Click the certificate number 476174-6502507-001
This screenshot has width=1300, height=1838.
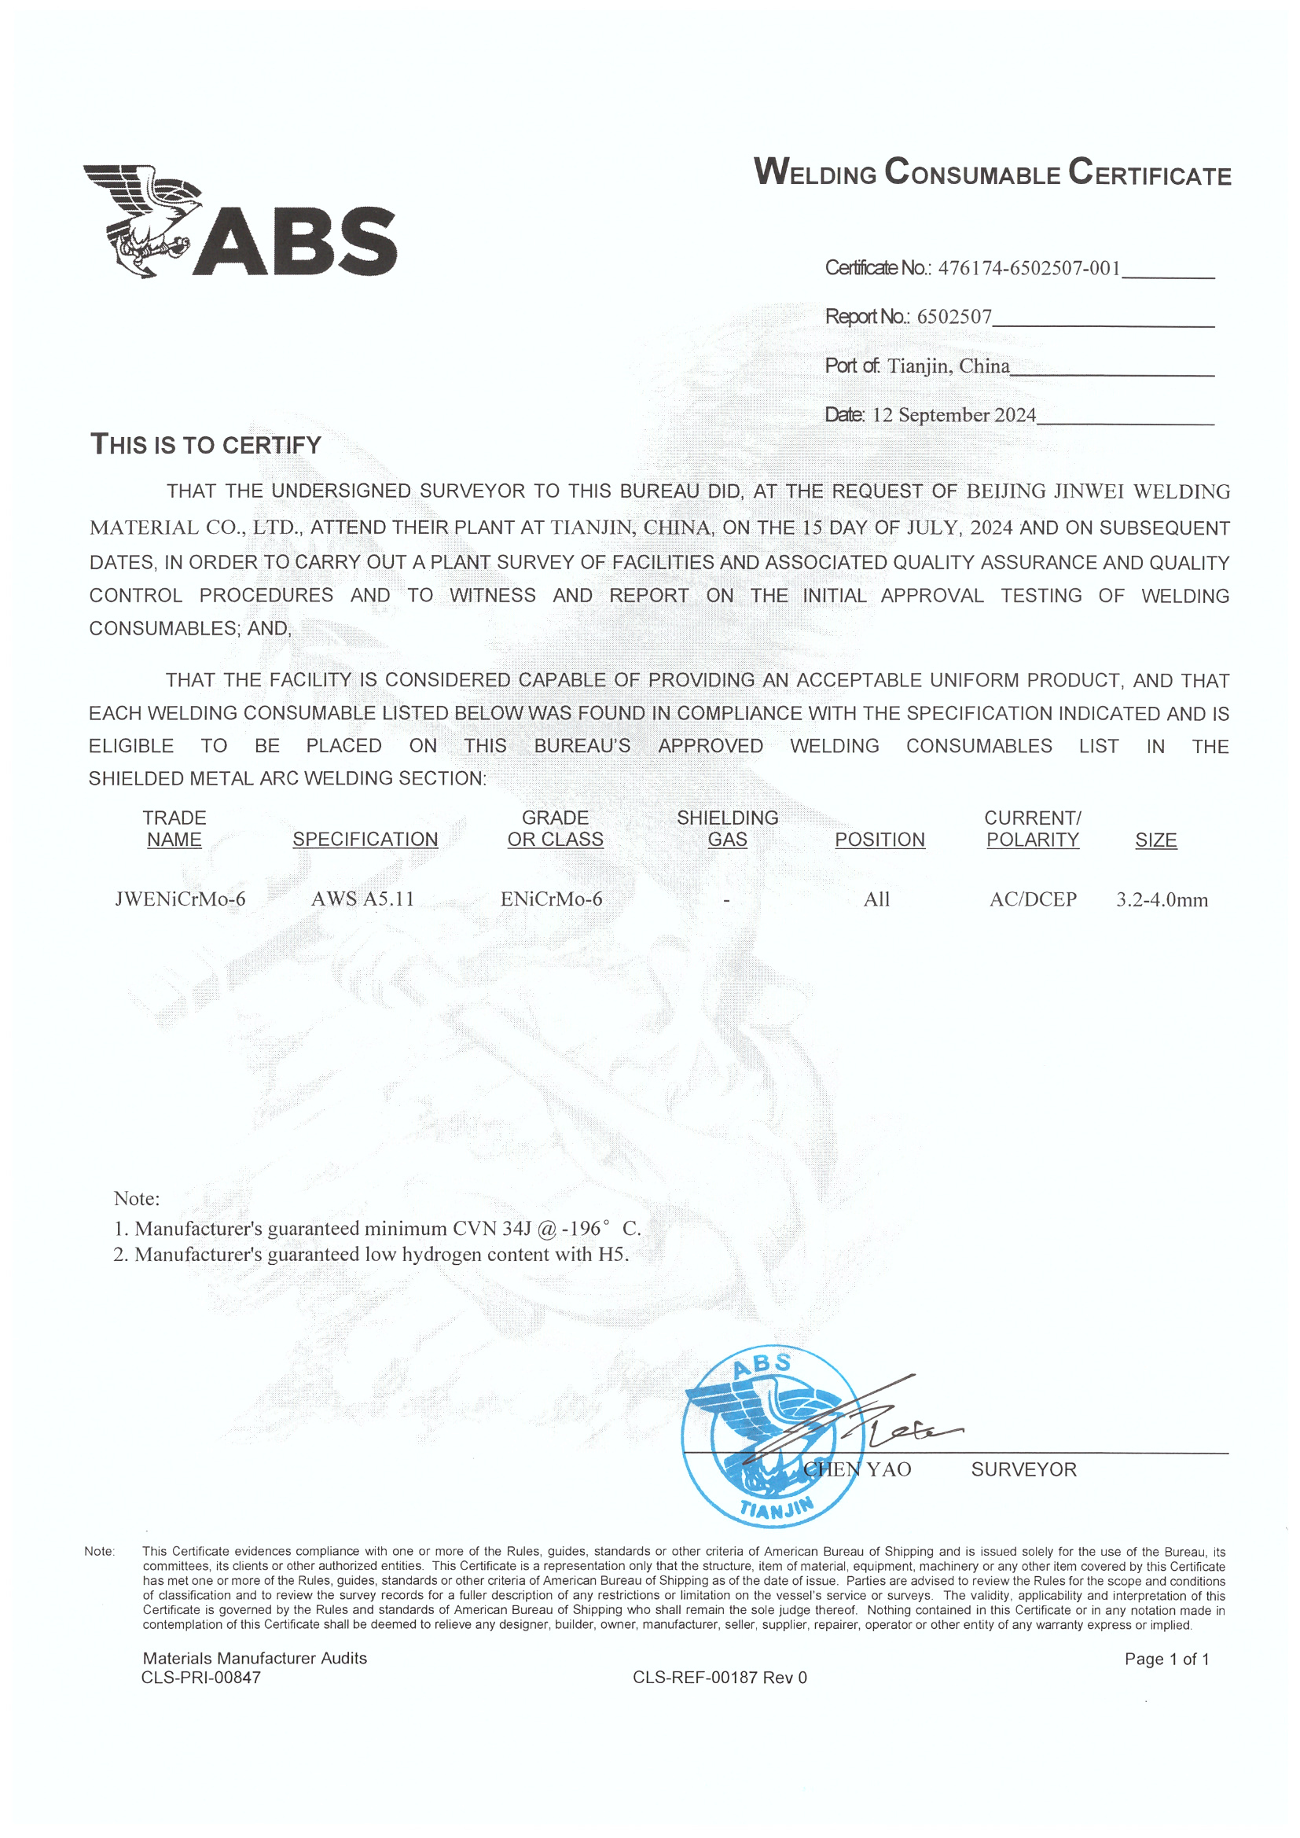[x=1029, y=268]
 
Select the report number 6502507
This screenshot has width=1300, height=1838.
[x=953, y=317]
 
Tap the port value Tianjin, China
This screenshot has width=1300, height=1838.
[x=949, y=366]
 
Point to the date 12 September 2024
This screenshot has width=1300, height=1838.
[x=953, y=414]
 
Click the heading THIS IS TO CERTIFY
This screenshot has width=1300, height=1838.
[x=206, y=444]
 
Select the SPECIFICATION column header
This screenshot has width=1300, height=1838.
[x=365, y=839]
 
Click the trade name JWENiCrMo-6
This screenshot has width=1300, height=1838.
[x=180, y=899]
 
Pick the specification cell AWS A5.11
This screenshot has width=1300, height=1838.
[x=362, y=899]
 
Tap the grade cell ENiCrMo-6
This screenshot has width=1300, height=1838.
[x=552, y=899]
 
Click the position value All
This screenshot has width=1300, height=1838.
[x=876, y=899]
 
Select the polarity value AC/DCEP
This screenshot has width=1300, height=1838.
[x=1033, y=899]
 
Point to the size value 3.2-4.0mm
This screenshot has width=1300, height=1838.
[x=1162, y=899]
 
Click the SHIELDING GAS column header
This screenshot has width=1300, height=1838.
[x=727, y=829]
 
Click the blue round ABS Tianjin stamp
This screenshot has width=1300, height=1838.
[x=772, y=1436]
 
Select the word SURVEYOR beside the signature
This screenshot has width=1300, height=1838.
[x=1024, y=1469]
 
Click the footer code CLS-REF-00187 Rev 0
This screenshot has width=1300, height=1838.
[x=720, y=1677]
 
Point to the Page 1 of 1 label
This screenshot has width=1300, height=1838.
[x=1166, y=1659]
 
